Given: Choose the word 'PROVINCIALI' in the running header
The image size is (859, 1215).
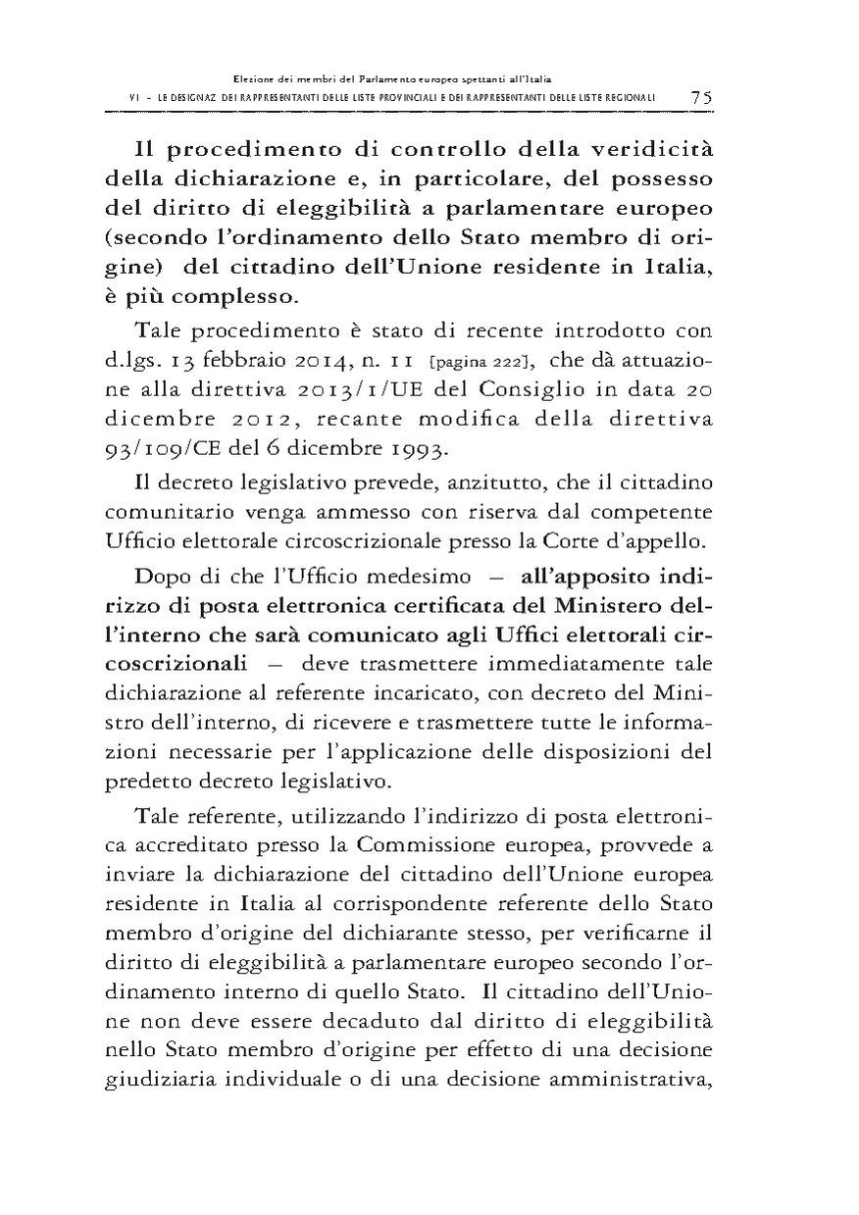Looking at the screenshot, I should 443,98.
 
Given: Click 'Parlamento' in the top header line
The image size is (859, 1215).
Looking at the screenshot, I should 359,76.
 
